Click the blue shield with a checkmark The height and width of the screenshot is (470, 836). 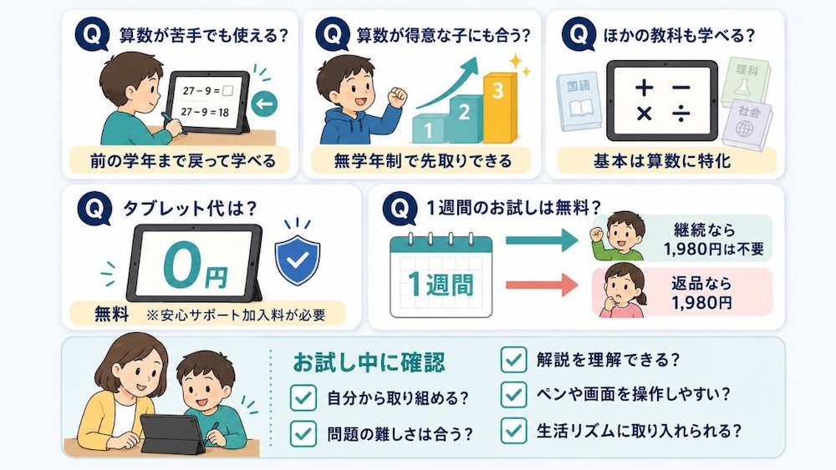click(298, 260)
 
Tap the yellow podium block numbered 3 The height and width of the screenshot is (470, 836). click(500, 108)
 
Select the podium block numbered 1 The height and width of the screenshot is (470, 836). click(430, 129)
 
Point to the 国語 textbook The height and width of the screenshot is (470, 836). click(579, 101)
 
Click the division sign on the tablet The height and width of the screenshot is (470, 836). click(681, 114)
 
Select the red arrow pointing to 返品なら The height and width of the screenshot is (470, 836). click(542, 286)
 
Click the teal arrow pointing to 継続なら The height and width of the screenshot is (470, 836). click(542, 240)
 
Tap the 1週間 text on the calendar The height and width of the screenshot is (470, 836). click(441, 284)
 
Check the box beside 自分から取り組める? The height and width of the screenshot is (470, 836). click(303, 397)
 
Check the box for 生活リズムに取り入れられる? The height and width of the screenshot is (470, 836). click(513, 430)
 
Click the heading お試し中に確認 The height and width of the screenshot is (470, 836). click(369, 362)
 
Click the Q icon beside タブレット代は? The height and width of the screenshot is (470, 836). click(94, 209)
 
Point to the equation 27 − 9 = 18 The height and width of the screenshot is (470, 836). click(205, 113)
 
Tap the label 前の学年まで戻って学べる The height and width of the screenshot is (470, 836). click(183, 161)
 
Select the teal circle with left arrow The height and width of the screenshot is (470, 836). click(264, 104)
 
